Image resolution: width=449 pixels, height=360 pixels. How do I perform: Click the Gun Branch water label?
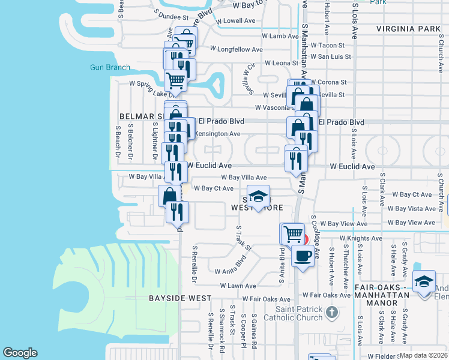(110, 67)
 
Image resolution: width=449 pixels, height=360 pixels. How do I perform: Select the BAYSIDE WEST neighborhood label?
(180, 298)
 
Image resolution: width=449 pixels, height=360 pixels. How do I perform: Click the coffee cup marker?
(303, 256)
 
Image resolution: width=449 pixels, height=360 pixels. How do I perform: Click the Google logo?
(20, 353)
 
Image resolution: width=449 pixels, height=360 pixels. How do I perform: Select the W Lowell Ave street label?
(233, 20)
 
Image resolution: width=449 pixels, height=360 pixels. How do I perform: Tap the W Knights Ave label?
(360, 238)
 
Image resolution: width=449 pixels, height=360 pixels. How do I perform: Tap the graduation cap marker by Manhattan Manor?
(424, 280)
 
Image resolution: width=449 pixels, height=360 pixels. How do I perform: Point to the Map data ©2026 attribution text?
(424, 355)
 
